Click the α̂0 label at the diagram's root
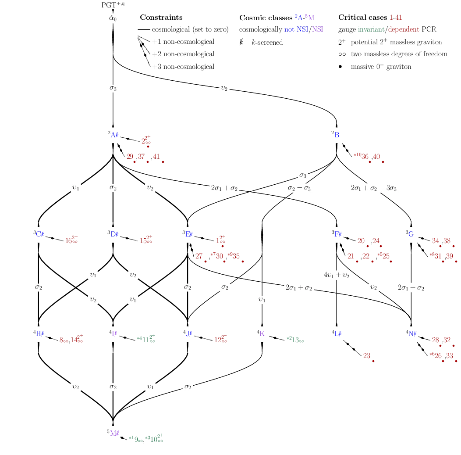click(x=113, y=18)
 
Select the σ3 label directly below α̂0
click(x=113, y=88)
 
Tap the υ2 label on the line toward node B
click(x=224, y=88)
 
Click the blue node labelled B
click(x=337, y=135)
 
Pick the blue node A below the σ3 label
click(x=113, y=135)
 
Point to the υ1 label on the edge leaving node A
click(x=76, y=188)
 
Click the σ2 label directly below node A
click(x=113, y=188)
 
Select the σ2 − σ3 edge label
click(x=299, y=188)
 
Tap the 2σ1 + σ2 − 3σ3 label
click(x=374, y=188)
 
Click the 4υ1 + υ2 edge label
click(x=337, y=275)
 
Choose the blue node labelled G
click(x=411, y=234)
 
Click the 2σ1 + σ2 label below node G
click(x=411, y=288)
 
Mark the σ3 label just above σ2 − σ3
click(x=303, y=176)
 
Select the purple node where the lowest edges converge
click(x=114, y=434)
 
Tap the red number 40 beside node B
click(x=377, y=156)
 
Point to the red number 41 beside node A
click(x=156, y=156)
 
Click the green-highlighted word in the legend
click(x=371, y=30)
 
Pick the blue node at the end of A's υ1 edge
click(x=39, y=234)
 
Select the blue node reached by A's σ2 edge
click(x=114, y=234)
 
